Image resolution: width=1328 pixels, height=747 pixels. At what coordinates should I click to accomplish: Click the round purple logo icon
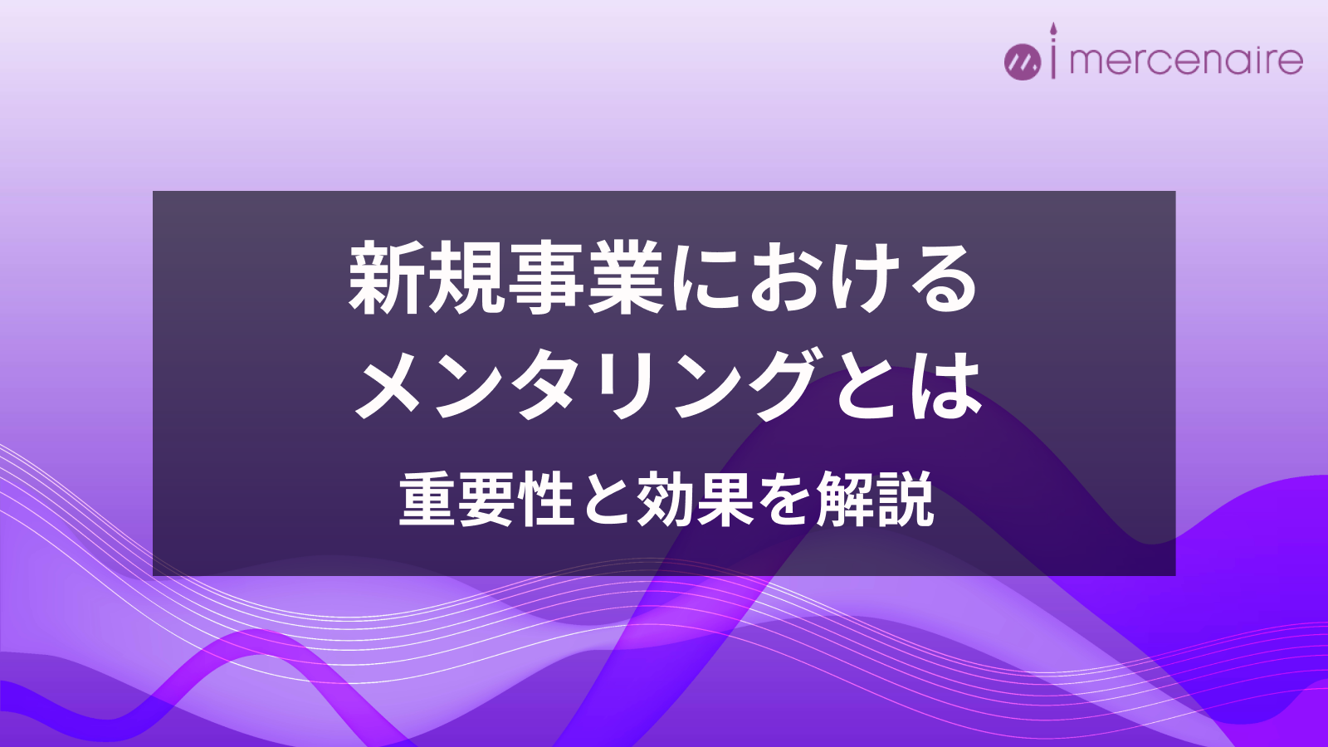(1022, 61)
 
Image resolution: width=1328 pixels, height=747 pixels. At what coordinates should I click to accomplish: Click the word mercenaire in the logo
(1186, 61)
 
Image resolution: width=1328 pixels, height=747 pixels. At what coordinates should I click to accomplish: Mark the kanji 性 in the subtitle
(547, 500)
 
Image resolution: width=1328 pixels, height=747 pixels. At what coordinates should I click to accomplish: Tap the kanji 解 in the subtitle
(844, 500)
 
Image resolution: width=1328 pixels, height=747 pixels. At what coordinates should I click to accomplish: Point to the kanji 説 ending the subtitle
(904, 500)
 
